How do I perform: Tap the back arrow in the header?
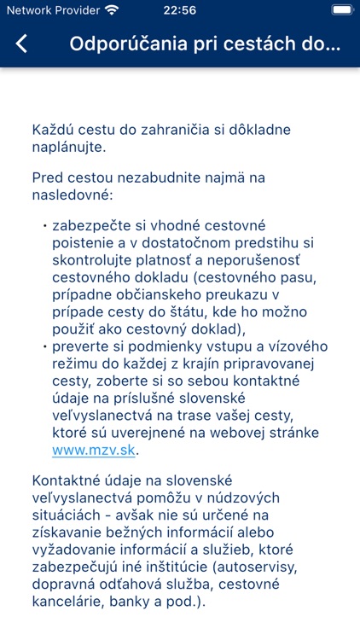pyautogui.click(x=22, y=44)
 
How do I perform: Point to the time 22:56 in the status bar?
pyautogui.click(x=179, y=10)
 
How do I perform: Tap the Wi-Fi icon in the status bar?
pyautogui.click(x=112, y=10)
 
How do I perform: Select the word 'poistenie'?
pyautogui.click(x=85, y=244)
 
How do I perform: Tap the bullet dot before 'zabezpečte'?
pyautogui.click(x=44, y=225)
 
